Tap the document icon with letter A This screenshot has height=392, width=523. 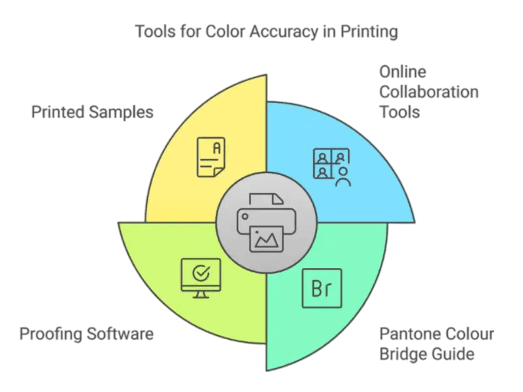(x=209, y=156)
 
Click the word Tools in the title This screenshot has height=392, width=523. (x=152, y=31)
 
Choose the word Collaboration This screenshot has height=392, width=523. (x=428, y=92)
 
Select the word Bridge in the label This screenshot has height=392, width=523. (x=399, y=355)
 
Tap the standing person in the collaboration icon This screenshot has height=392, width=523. (x=343, y=176)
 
